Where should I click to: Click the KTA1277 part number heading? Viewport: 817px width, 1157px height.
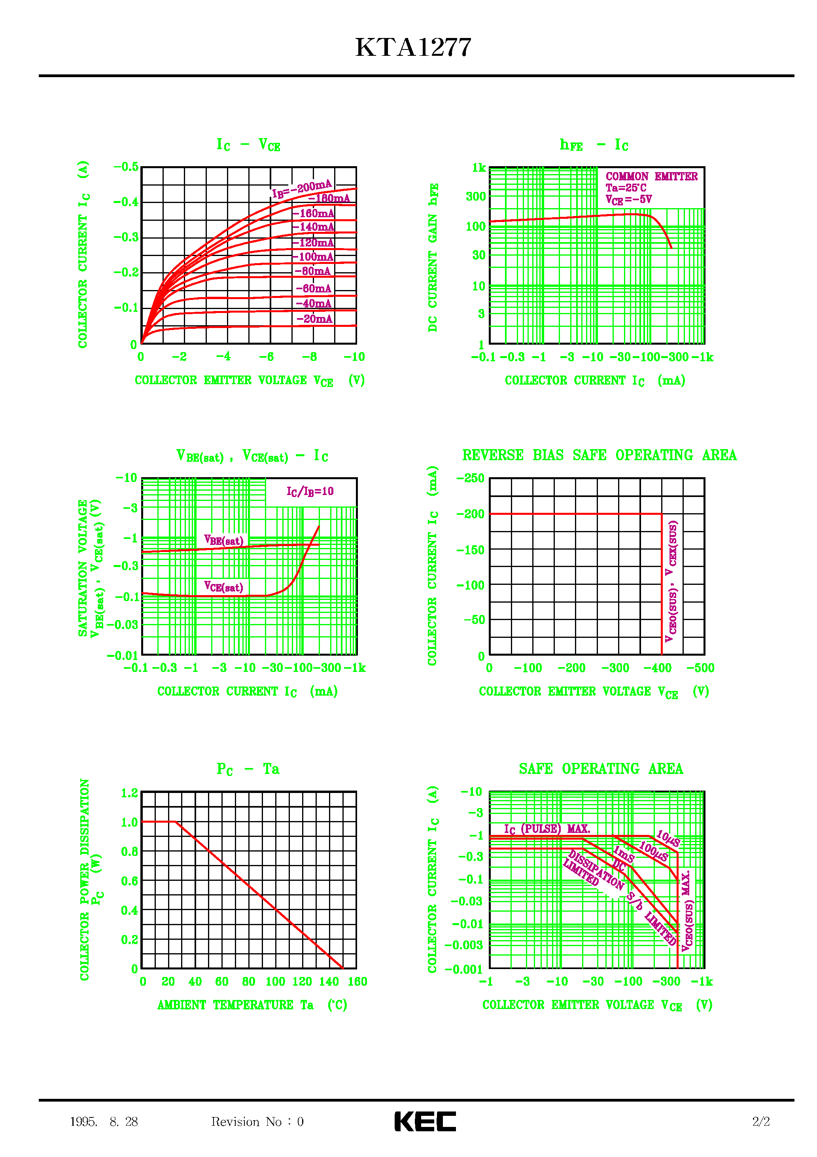coord(413,48)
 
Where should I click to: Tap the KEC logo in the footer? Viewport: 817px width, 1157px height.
coord(425,1121)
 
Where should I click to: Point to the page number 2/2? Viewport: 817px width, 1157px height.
coord(760,1122)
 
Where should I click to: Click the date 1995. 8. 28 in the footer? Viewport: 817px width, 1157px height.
coord(104,1122)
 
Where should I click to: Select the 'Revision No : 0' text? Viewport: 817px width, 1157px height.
coord(257,1122)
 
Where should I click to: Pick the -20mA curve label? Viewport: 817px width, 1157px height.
coord(314,319)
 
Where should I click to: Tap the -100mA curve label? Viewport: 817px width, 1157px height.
coord(313,257)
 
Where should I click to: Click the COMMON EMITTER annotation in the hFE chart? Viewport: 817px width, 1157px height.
coord(651,176)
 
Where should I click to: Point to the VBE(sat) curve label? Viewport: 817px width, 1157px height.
coord(224,541)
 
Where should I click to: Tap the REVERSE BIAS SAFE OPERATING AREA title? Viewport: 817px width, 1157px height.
coord(599,455)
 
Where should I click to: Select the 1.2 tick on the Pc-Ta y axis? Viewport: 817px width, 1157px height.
coord(129,793)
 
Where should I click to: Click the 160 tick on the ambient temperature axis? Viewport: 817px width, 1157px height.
coord(357,982)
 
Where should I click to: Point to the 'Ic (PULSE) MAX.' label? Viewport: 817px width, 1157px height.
coord(547,829)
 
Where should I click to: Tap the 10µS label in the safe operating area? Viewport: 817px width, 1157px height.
coord(668,838)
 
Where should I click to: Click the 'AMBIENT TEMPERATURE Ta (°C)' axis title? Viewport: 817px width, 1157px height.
coord(252,1005)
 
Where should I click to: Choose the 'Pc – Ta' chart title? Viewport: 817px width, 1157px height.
coord(248,769)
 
